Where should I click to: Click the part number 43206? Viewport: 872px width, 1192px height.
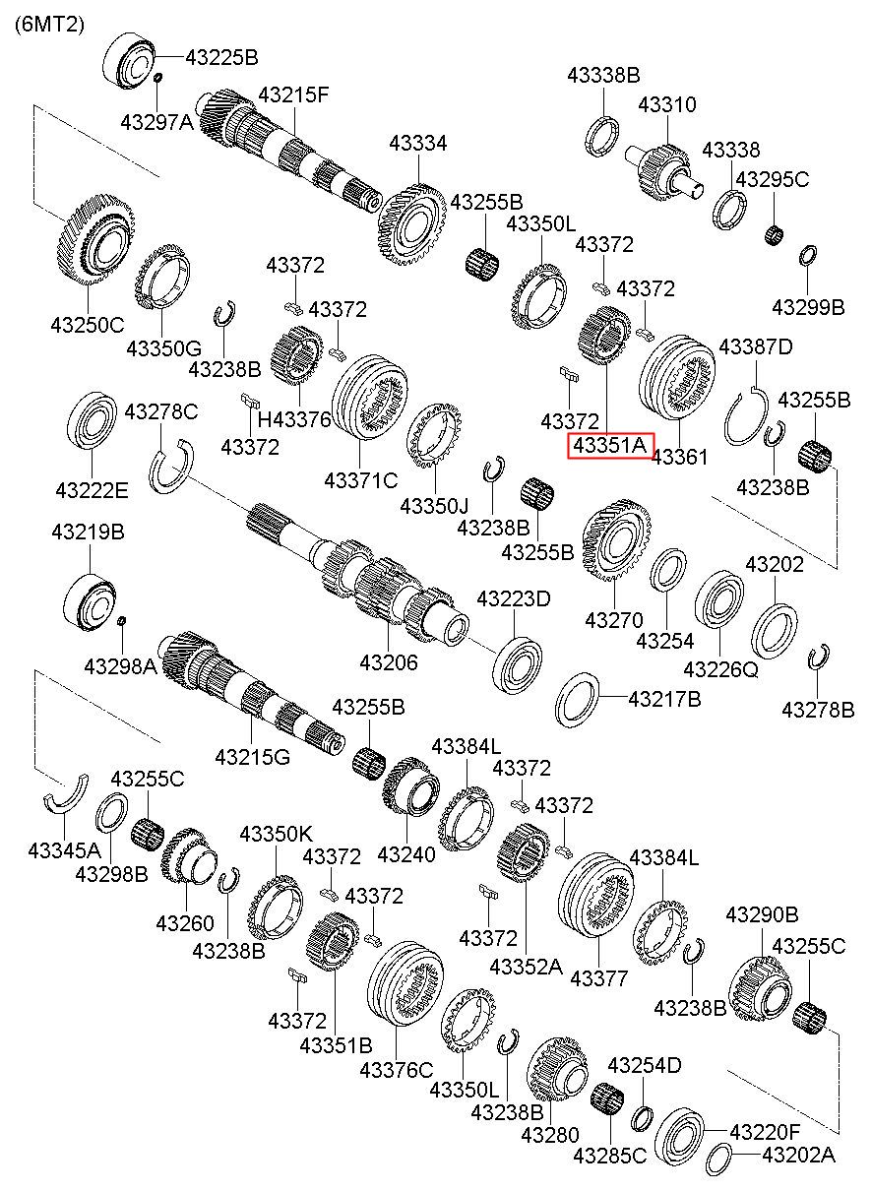point(388,662)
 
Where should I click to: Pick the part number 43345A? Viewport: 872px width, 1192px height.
point(64,848)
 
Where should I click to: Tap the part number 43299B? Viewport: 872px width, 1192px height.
point(808,307)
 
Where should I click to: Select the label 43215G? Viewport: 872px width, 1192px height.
point(252,757)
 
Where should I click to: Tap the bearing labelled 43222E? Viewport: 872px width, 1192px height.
point(91,424)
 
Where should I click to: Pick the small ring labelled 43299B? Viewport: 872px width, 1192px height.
point(807,256)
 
